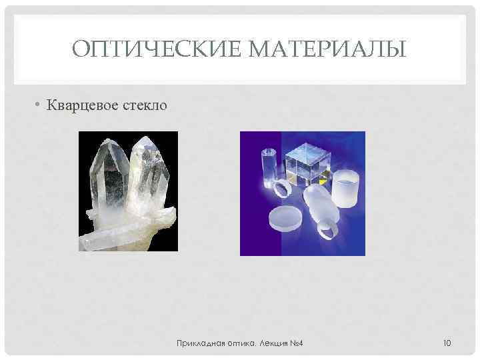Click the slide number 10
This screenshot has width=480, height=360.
tap(447, 343)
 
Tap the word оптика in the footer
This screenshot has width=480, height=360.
tap(238, 343)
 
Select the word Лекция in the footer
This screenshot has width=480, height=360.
tap(271, 343)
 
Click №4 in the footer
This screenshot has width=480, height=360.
tap(296, 343)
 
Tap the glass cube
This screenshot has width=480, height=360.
tap(311, 163)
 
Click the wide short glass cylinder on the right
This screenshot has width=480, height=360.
tap(346, 189)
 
